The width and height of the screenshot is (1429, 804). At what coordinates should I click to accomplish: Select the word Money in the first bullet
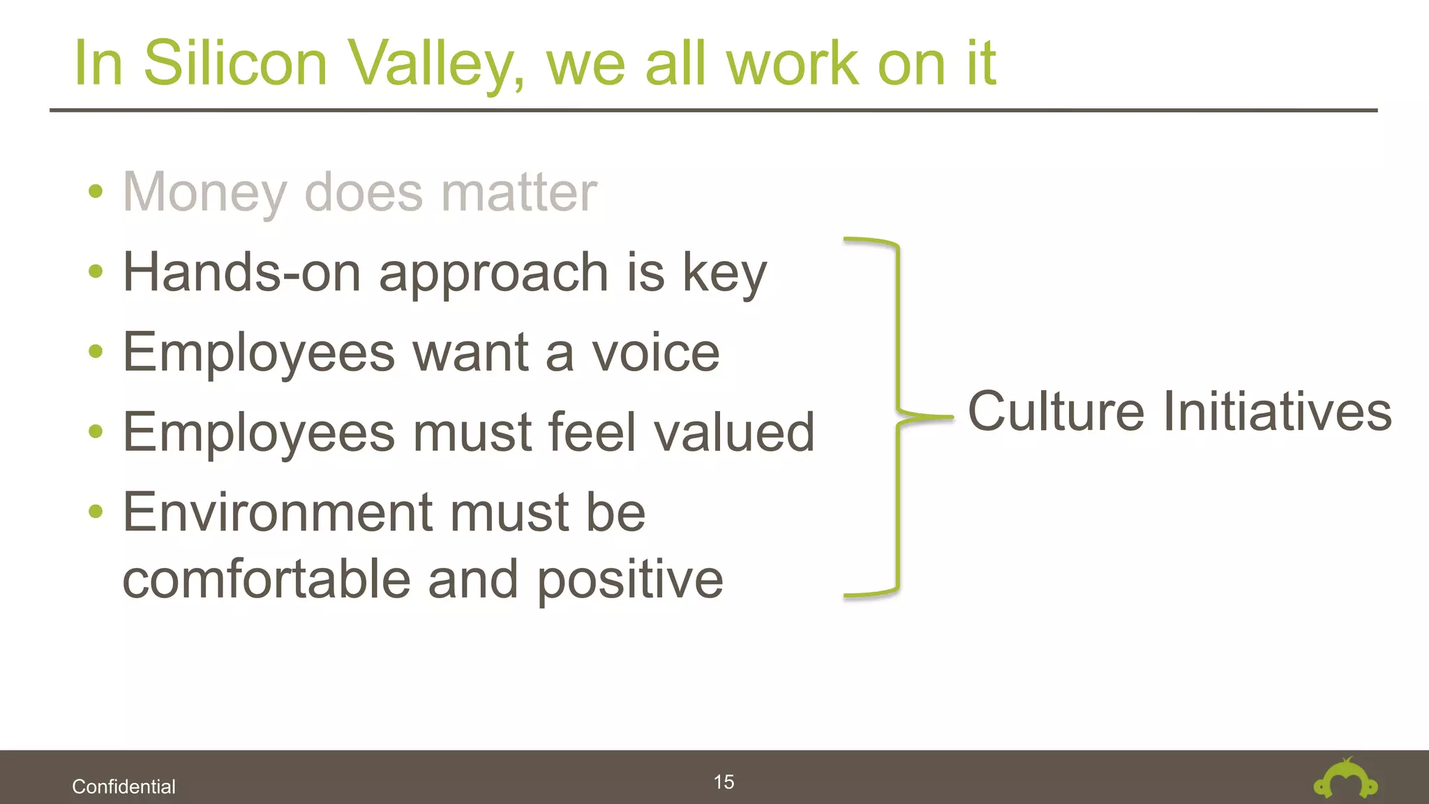[204, 193]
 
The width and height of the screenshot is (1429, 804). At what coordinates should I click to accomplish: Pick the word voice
[655, 352]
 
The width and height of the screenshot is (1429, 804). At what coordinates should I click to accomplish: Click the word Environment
[278, 512]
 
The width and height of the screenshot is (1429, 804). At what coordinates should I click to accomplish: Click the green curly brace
[897, 417]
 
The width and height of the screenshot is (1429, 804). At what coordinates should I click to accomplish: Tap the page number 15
[724, 782]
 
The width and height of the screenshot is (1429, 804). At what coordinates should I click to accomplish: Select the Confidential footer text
[124, 787]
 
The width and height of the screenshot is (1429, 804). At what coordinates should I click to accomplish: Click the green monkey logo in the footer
[1345, 780]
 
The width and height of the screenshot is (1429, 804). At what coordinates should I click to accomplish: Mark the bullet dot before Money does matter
[96, 191]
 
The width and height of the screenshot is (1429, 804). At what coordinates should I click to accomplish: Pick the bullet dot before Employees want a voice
[96, 351]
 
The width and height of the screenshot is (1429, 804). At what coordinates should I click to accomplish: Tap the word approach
[493, 274]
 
